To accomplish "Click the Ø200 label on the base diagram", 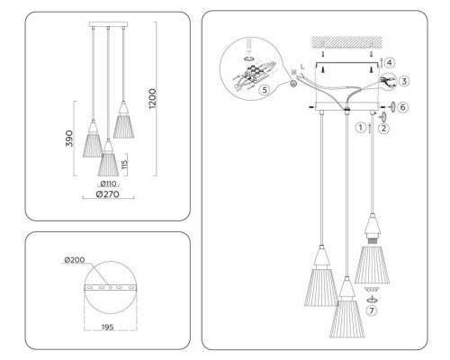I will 75,261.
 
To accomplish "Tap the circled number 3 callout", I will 404,80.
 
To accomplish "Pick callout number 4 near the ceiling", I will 390,62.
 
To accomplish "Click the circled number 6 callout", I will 404,107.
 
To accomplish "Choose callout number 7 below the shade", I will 371,310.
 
